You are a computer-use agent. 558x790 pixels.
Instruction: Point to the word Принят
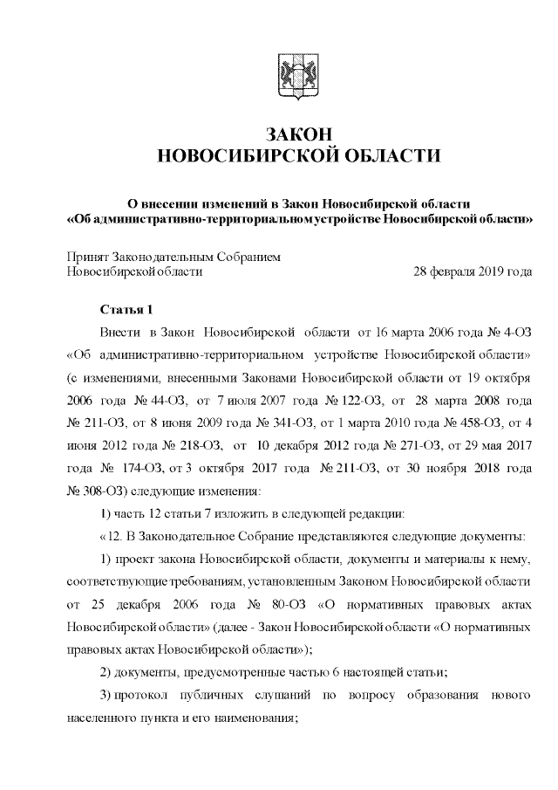tap(86, 256)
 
